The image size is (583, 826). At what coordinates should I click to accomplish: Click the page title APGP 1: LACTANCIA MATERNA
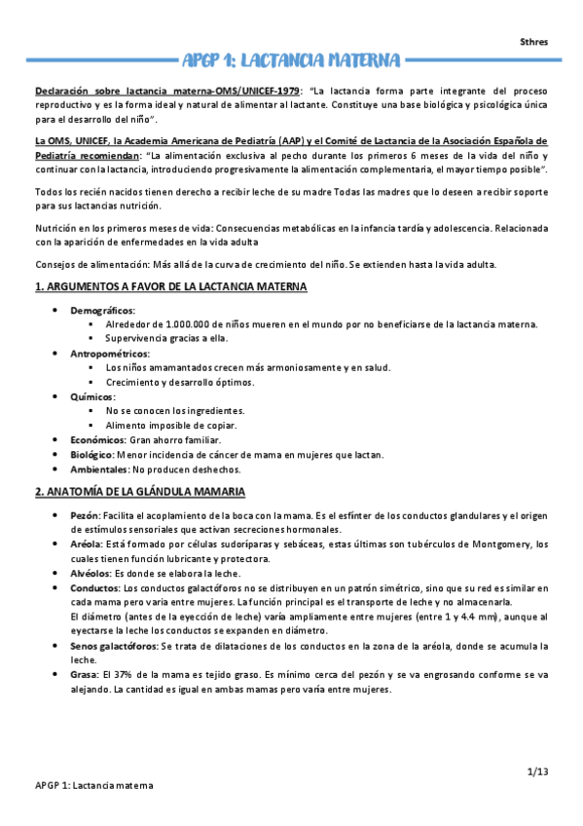pyautogui.click(x=291, y=59)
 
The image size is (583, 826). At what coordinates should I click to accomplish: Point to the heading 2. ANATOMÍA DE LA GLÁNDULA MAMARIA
pyautogui.click(x=140, y=491)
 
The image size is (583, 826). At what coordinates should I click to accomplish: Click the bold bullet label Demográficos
pyautogui.click(x=102, y=310)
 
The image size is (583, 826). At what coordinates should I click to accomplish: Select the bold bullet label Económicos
pyautogui.click(x=97, y=440)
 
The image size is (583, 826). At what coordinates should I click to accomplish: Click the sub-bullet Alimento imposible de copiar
pyautogui.click(x=171, y=426)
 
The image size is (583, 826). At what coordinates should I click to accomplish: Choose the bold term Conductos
pyautogui.click(x=95, y=588)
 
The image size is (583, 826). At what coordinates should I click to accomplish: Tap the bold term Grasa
pyautogui.click(x=84, y=675)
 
